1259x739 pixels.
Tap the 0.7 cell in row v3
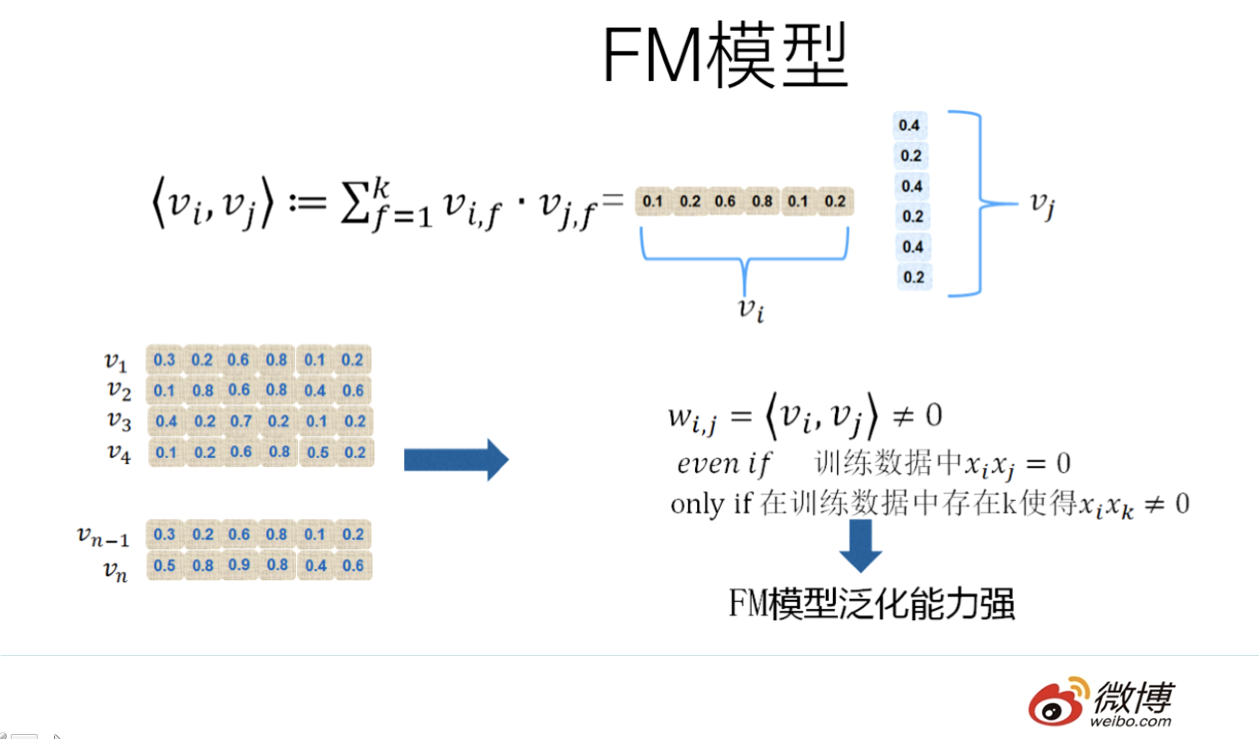click(x=241, y=421)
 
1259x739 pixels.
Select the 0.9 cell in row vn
click(x=239, y=565)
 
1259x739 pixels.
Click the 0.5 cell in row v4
click(x=317, y=452)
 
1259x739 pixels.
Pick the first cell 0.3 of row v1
click(x=164, y=359)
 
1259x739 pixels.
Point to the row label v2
click(x=120, y=391)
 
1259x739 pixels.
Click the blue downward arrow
click(x=860, y=545)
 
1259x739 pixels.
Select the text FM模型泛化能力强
click(x=872, y=604)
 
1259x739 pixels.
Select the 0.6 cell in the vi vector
click(x=725, y=201)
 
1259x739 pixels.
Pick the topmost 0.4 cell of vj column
click(x=909, y=125)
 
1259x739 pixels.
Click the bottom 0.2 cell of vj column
click(x=913, y=277)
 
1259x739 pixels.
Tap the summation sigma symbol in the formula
click(x=356, y=205)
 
